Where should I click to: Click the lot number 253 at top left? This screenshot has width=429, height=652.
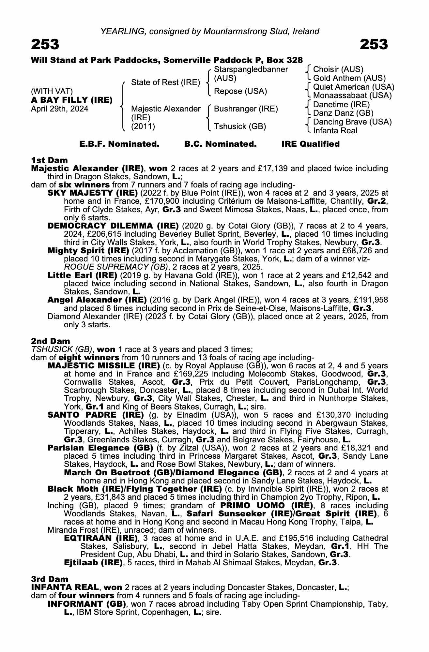pyautogui.click(x=45, y=44)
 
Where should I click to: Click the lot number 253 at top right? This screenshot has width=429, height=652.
pyautogui.click(x=374, y=44)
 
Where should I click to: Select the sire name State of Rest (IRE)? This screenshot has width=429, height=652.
pyautogui.click(x=165, y=82)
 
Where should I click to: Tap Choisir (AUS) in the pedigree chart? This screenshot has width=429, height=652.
pyautogui.click(x=338, y=69)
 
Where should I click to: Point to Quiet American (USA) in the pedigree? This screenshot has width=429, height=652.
pyautogui.click(x=353, y=87)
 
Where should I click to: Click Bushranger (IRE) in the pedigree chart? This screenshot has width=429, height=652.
pyautogui.click(x=246, y=109)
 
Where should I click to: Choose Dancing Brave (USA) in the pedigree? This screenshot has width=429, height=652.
pyautogui.click(x=352, y=122)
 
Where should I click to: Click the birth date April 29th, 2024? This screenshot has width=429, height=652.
pyautogui.click(x=59, y=109)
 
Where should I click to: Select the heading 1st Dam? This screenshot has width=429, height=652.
pyautogui.click(x=49, y=160)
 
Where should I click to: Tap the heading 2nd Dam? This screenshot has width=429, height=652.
pyautogui.click(x=51, y=341)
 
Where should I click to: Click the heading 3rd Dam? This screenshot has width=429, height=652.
pyautogui.click(x=50, y=579)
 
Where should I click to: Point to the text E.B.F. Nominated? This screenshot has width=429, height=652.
pyautogui.click(x=119, y=144)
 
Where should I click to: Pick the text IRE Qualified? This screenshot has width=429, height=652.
pyautogui.click(x=310, y=144)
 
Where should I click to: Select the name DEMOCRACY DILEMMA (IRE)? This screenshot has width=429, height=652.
pyautogui.click(x=113, y=226)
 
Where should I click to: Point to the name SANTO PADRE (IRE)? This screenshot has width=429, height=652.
pyautogui.click(x=96, y=415)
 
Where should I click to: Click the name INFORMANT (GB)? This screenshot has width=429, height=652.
pyautogui.click(x=87, y=604)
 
